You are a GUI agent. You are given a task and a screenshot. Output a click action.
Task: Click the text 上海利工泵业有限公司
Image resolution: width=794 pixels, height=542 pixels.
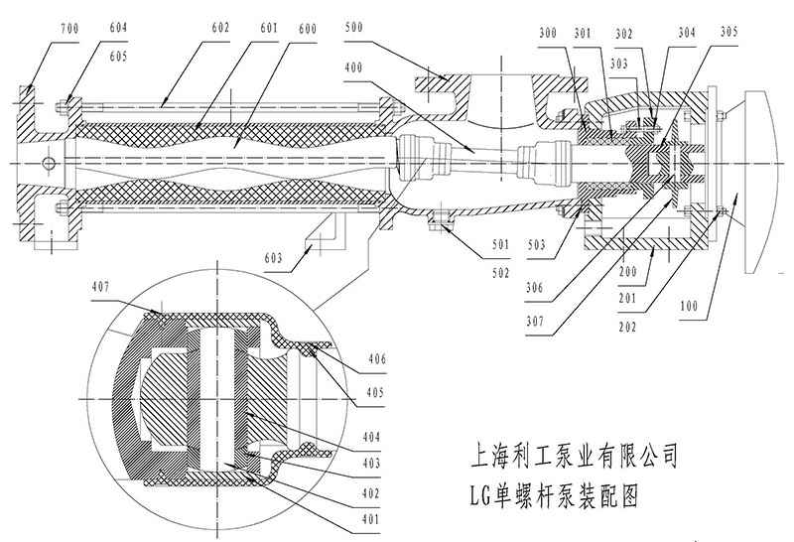[573, 458]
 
